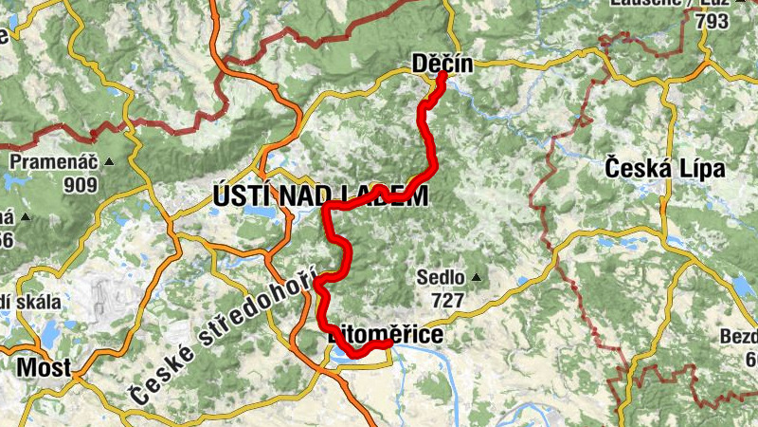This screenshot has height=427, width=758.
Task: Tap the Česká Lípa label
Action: [x=664, y=169]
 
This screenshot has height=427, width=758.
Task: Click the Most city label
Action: [x=45, y=368]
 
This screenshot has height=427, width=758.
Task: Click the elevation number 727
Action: [x=447, y=301]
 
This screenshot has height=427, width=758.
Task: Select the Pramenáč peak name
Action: [x=53, y=162]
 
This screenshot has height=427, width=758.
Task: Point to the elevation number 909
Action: [x=81, y=185]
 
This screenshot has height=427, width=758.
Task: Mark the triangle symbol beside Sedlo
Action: [x=476, y=278]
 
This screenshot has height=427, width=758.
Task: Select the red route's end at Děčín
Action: [x=442, y=75]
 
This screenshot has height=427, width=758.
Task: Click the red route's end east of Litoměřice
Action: [x=389, y=343]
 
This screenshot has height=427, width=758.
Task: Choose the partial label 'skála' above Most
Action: [x=38, y=303]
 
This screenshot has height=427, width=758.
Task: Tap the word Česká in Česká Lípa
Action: [x=637, y=169]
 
